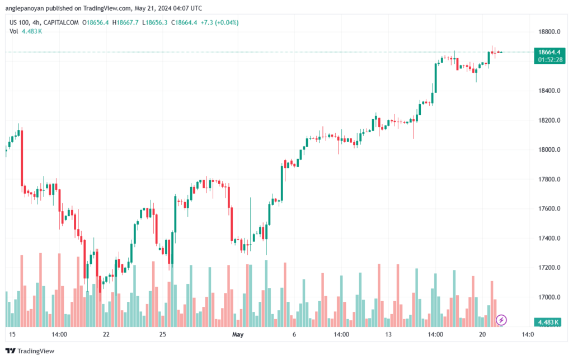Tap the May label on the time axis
(x=238, y=334)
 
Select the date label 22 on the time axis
(x=106, y=334)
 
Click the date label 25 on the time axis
(x=162, y=334)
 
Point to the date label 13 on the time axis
(x=387, y=334)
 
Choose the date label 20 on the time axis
(x=481, y=334)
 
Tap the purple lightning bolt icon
(x=502, y=320)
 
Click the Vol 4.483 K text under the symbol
(x=26, y=31)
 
